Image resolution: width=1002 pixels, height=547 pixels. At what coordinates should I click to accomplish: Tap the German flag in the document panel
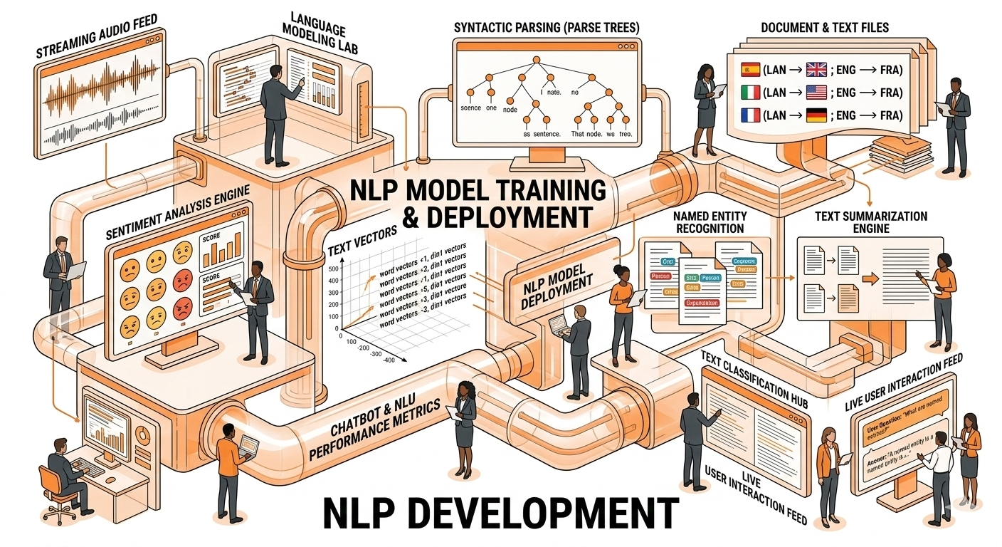pyautogui.click(x=816, y=115)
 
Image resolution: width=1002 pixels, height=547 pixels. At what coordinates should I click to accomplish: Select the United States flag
pyautogui.click(x=816, y=92)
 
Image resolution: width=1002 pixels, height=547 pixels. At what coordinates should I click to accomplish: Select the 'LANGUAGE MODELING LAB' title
pyautogui.click(x=315, y=32)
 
